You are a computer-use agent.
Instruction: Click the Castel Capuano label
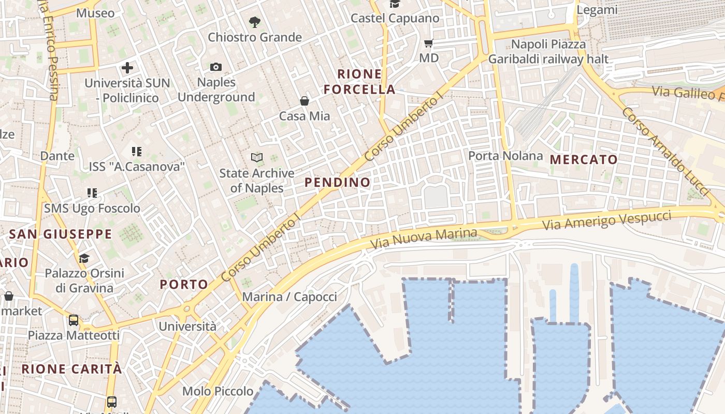pyautogui.click(x=395, y=18)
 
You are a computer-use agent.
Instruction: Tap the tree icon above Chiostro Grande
pyautogui.click(x=254, y=22)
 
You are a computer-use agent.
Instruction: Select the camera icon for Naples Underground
pyautogui.click(x=216, y=67)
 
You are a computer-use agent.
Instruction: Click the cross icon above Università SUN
pyautogui.click(x=127, y=68)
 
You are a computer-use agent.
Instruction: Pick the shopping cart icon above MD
pyautogui.click(x=429, y=43)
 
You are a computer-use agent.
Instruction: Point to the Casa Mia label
pyautogui.click(x=304, y=116)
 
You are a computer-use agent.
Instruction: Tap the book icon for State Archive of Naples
pyautogui.click(x=256, y=157)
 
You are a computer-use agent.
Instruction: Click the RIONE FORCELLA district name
pyautogui.click(x=359, y=82)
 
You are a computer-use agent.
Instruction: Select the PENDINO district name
pyautogui.click(x=338, y=182)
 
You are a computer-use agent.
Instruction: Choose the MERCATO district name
pyautogui.click(x=584, y=159)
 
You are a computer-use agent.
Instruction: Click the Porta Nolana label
pyautogui.click(x=505, y=155)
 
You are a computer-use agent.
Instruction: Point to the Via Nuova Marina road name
pyautogui.click(x=423, y=238)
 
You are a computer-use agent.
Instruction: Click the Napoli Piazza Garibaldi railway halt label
pyautogui.click(x=548, y=52)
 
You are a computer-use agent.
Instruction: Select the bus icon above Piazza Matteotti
pyautogui.click(x=74, y=320)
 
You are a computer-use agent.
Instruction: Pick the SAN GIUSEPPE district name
pyautogui.click(x=61, y=234)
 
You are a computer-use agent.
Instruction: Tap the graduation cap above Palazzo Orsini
pyautogui.click(x=84, y=258)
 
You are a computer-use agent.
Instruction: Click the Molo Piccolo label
pyautogui.click(x=218, y=391)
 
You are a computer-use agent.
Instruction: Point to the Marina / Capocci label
pyautogui.click(x=289, y=297)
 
